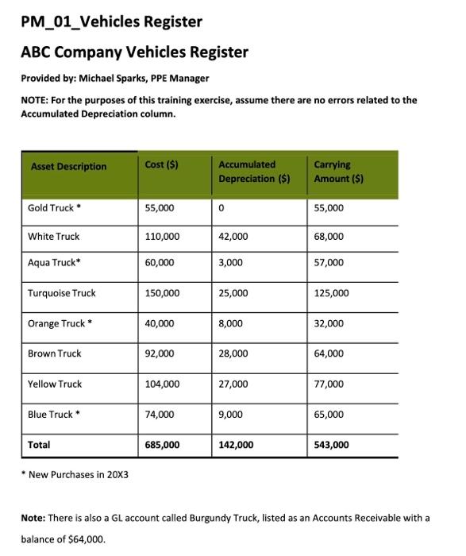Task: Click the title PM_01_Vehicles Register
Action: [x=111, y=21]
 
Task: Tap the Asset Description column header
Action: [x=68, y=166]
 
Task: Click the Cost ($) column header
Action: [x=161, y=164]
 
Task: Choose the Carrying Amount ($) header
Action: [x=338, y=172]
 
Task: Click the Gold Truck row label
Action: [x=54, y=208]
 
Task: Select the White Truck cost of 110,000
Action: [x=162, y=237]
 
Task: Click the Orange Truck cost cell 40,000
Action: [x=160, y=323]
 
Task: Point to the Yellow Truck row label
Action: [x=55, y=384]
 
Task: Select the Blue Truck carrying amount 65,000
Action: [x=329, y=414]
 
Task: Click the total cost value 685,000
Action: [x=162, y=445]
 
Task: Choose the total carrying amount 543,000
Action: [x=331, y=445]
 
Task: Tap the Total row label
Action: [x=39, y=445]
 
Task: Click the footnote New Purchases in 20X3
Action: [x=79, y=474]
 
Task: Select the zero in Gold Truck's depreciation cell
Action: [x=222, y=208]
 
